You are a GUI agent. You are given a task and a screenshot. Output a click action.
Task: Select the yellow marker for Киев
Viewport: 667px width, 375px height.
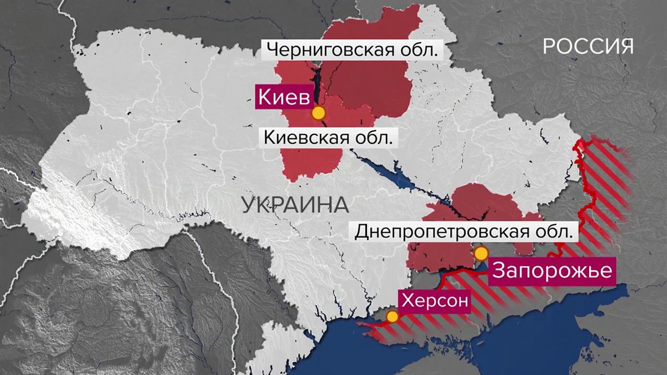coord(318,113)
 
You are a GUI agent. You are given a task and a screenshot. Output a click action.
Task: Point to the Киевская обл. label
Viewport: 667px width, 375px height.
coord(328,138)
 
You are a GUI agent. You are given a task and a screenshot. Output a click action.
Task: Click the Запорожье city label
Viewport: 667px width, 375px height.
coord(551,271)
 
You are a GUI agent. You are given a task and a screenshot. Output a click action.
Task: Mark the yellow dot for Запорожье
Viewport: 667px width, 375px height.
coord(481,254)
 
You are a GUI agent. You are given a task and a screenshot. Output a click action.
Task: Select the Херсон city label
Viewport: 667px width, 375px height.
coord(434,301)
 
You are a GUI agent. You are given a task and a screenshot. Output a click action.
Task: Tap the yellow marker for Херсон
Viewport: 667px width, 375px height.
coord(392,316)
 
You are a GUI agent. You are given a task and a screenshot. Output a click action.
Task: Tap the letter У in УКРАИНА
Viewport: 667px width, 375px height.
coord(249,205)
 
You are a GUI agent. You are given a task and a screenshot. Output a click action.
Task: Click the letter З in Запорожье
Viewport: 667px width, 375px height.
coord(499,271)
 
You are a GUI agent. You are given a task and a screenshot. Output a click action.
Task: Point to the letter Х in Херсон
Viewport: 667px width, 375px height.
coord(406,301)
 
